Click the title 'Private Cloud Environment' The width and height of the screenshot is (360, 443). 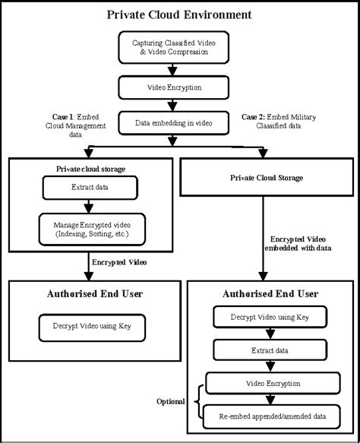pyautogui.click(x=179, y=14)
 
